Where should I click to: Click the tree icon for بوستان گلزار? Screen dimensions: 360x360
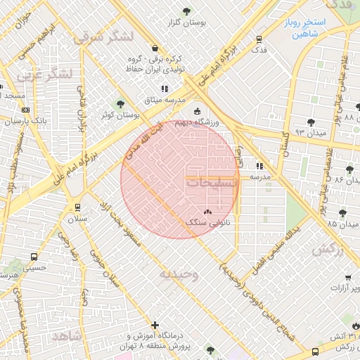pos(186,11)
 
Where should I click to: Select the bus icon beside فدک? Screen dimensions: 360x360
pos(259,39)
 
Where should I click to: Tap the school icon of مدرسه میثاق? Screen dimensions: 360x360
pos(165,89)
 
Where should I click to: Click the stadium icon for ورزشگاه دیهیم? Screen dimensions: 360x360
pos(196,110)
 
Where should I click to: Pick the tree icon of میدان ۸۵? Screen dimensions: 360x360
pos(342,213)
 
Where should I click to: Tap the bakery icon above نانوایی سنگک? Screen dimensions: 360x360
pos(207,212)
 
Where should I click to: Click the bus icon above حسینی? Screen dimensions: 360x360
pos(34,257)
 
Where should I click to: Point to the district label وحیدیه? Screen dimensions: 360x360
pos(179,274)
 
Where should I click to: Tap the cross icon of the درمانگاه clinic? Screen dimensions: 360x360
pos(155,324)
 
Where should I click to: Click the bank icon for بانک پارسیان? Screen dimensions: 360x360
pos(26,110)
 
